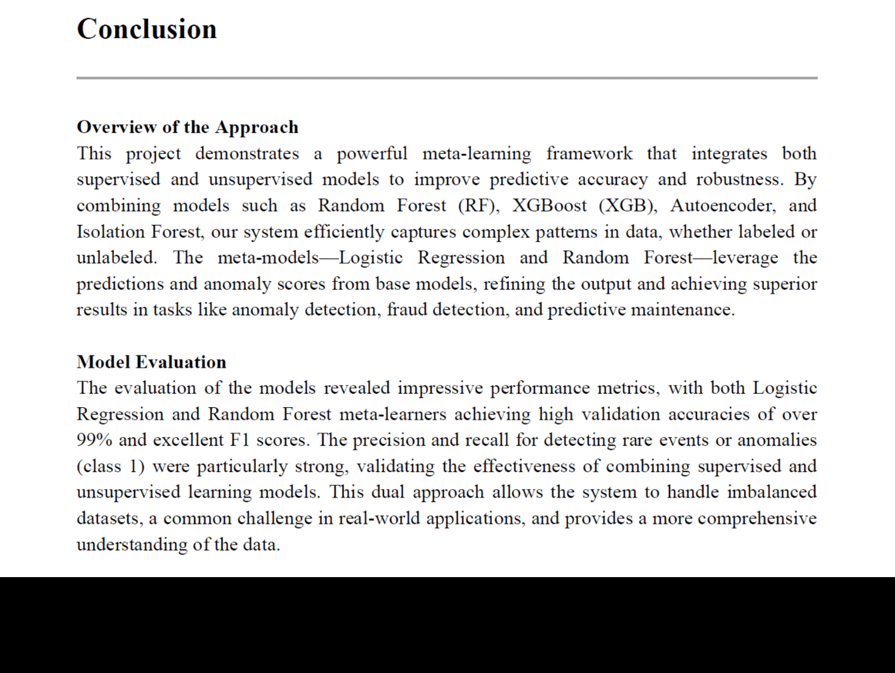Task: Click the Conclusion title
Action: click(146, 29)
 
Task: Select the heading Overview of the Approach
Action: click(187, 127)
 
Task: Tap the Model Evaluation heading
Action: click(151, 362)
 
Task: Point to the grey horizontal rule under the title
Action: click(447, 78)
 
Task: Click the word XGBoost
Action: click(549, 205)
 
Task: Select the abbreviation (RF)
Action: click(478, 205)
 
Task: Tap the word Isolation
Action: click(110, 232)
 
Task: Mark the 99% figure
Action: click(94, 440)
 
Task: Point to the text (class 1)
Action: click(110, 466)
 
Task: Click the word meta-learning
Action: click(476, 154)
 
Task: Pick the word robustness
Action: click(740, 179)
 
